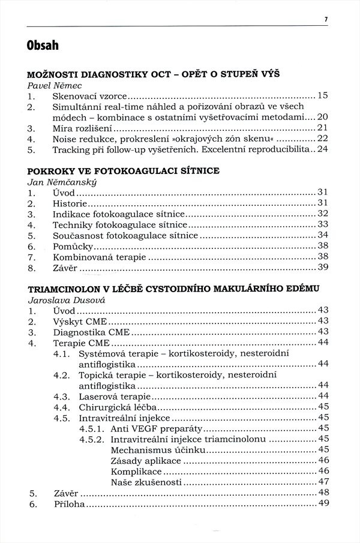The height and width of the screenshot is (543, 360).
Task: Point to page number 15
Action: coord(323,95)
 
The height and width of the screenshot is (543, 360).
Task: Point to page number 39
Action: coord(323,268)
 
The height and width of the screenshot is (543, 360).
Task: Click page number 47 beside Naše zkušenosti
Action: coord(323,482)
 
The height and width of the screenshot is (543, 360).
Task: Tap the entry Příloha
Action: coord(69,503)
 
